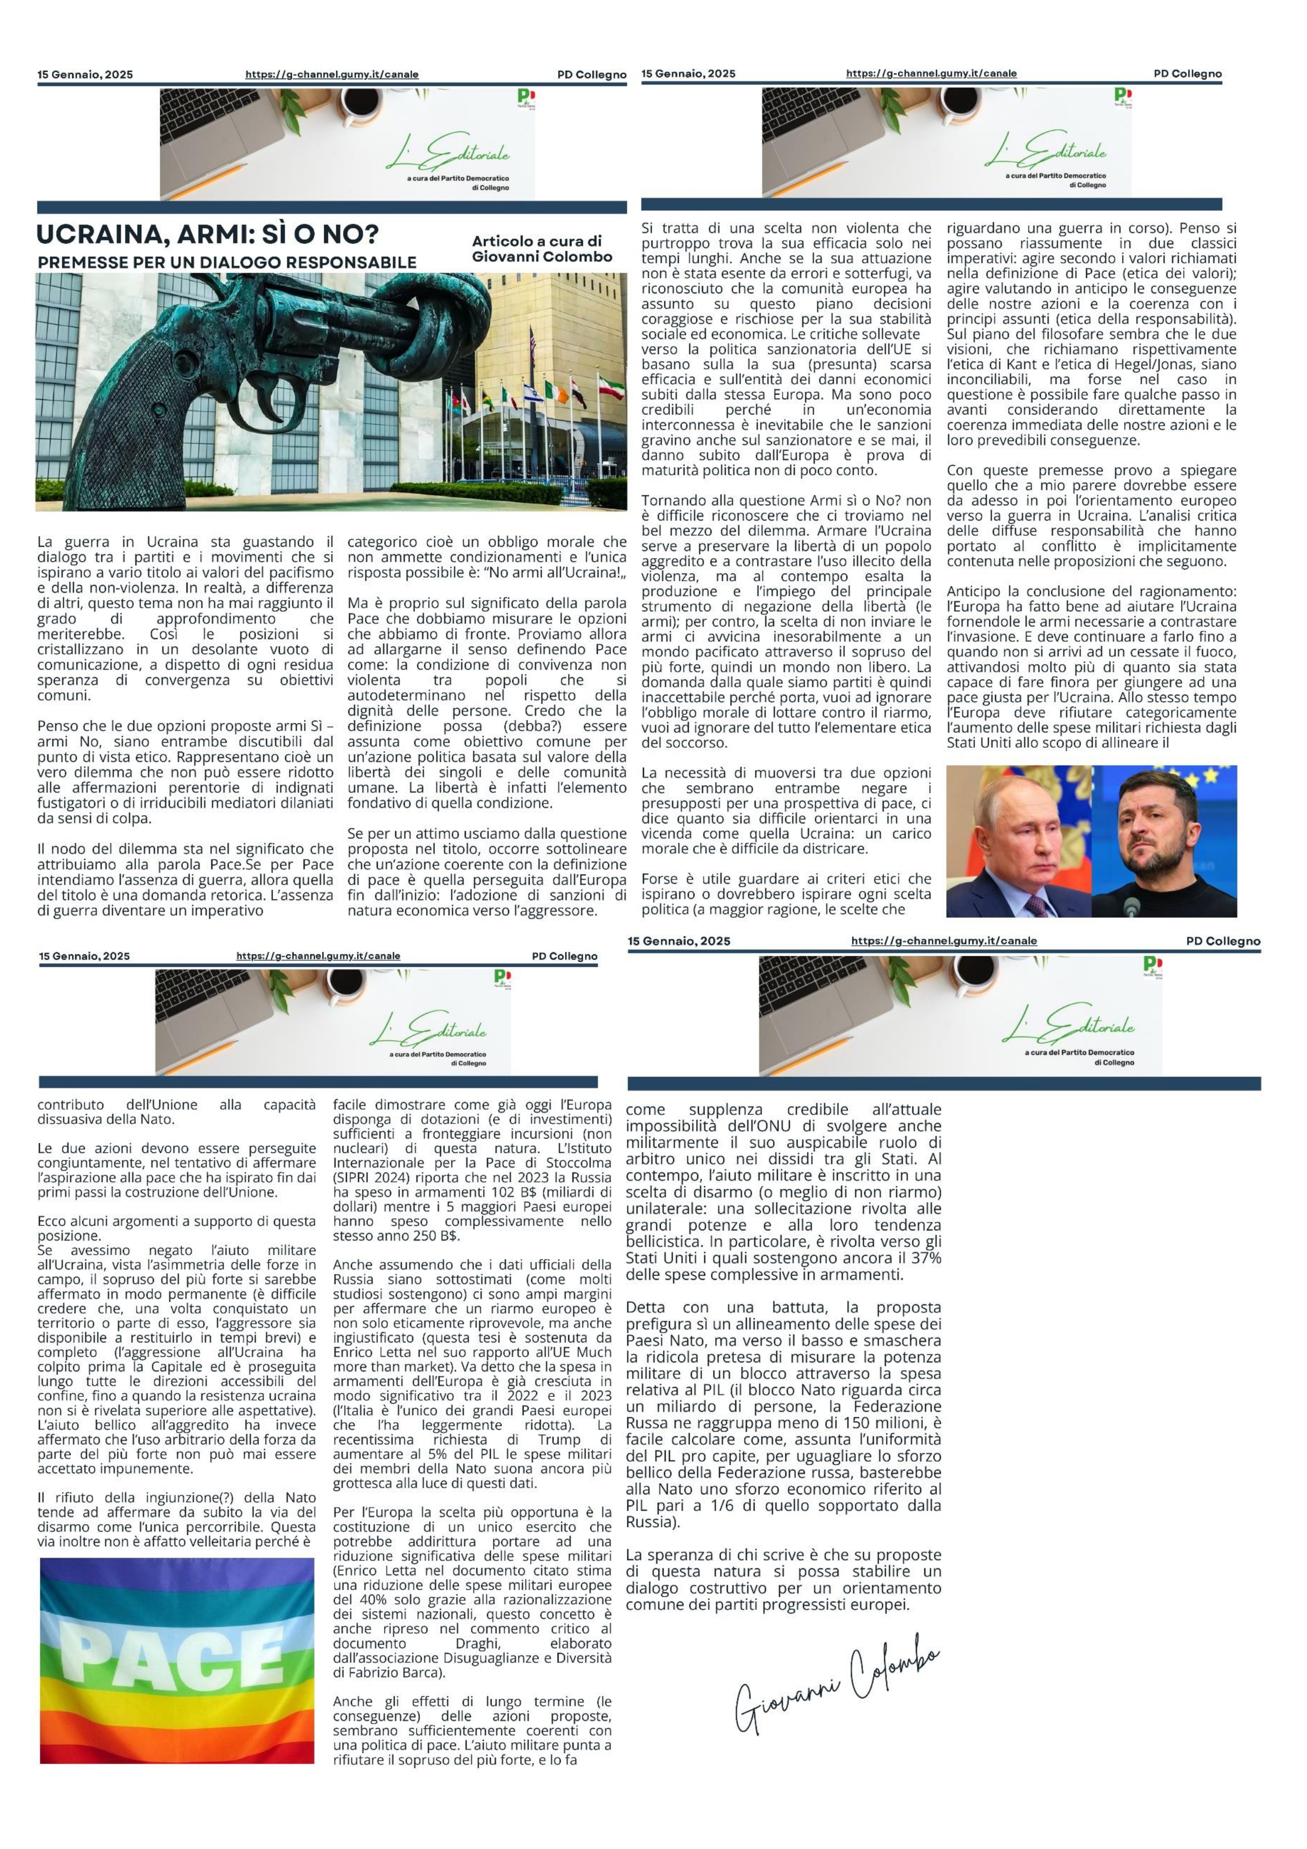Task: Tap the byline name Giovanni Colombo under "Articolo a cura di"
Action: (542, 257)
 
